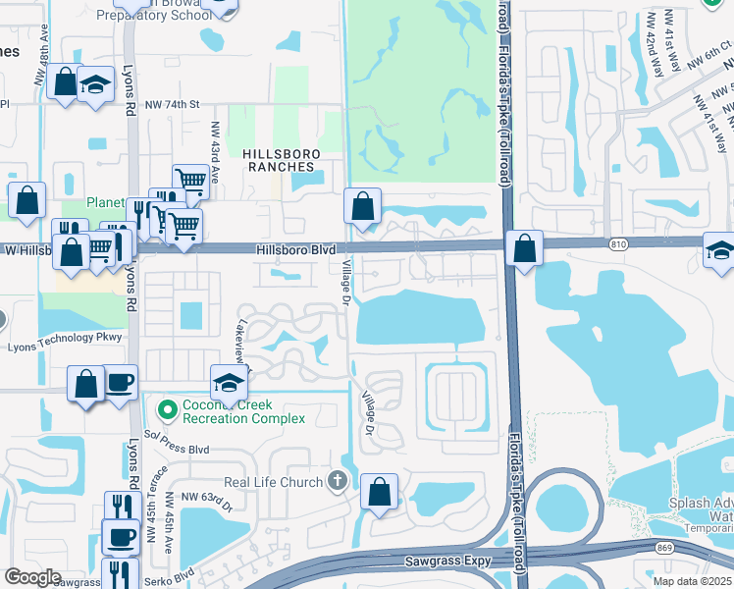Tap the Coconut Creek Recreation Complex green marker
pos(168,408)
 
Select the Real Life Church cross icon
pos(338,481)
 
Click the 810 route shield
pos(616,244)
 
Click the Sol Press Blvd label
pos(177,449)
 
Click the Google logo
pos(32,577)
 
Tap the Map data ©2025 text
pos(692,581)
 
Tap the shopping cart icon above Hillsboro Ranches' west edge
pos(189,181)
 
